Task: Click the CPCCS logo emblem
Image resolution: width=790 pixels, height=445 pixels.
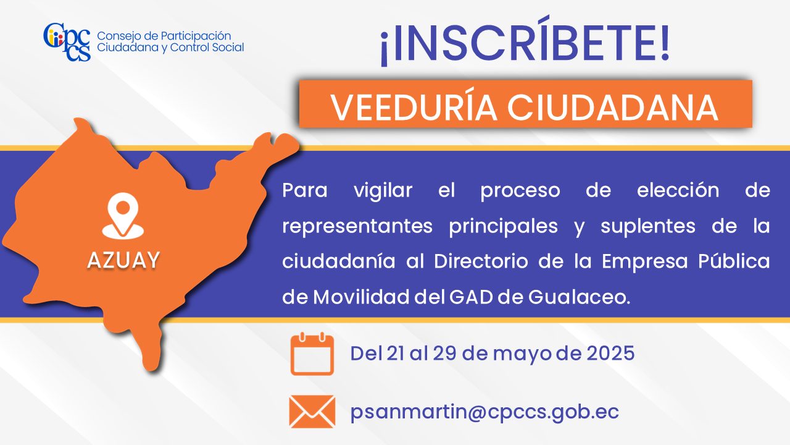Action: click(x=67, y=42)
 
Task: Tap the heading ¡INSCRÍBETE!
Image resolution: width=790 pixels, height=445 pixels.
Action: click(x=525, y=41)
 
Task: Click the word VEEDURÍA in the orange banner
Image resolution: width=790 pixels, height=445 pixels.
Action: click(x=414, y=108)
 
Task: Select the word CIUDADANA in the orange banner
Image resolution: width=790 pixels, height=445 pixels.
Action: click(x=613, y=108)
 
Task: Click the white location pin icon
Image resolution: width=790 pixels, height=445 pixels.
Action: click(x=123, y=216)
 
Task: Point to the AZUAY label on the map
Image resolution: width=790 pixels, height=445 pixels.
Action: click(x=123, y=260)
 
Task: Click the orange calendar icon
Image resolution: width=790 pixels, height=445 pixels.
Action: click(x=312, y=354)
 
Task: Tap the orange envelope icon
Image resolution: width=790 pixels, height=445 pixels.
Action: click(x=312, y=412)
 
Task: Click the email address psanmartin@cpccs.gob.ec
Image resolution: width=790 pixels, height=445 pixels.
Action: click(x=484, y=412)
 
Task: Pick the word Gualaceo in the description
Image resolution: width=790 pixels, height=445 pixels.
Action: click(x=579, y=297)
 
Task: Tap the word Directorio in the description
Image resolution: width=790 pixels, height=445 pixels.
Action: click(x=481, y=261)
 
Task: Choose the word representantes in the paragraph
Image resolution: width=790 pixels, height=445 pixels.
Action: click(x=357, y=226)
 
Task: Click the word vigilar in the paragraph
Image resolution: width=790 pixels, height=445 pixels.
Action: click(x=383, y=191)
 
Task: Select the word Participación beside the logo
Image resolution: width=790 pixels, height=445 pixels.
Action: click(x=196, y=36)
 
